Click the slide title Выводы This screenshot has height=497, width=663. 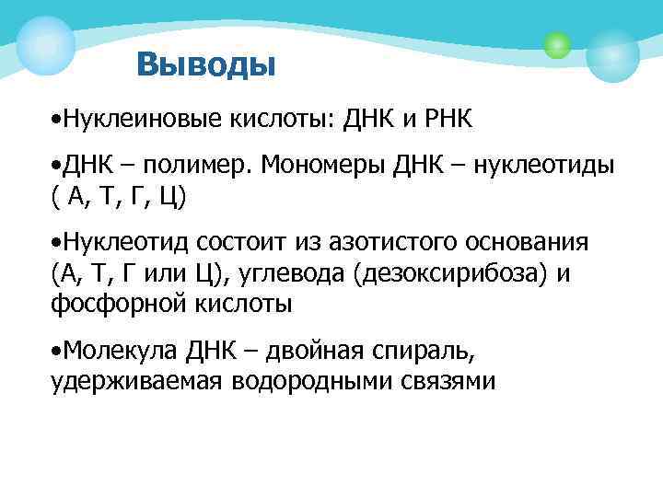204,65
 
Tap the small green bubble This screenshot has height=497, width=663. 557,43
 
